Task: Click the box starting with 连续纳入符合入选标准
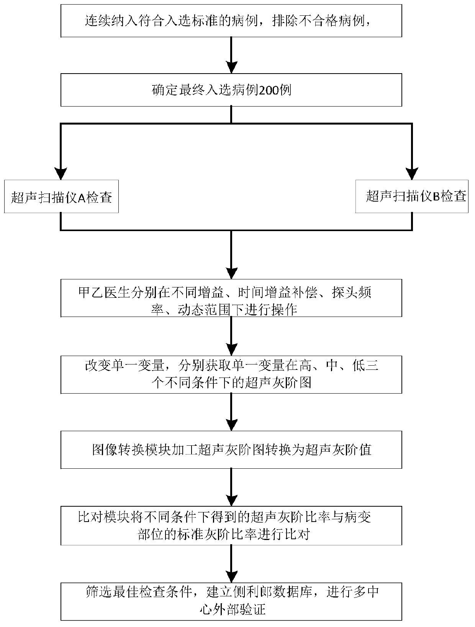pos(231,21)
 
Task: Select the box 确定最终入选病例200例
pos(231,90)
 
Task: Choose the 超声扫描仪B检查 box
pos(412,197)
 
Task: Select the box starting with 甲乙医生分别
pos(231,298)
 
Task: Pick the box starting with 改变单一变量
pos(231,374)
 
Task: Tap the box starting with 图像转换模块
pos(231,450)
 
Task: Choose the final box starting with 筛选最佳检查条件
pos(231,601)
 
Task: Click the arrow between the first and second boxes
pos(231,56)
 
